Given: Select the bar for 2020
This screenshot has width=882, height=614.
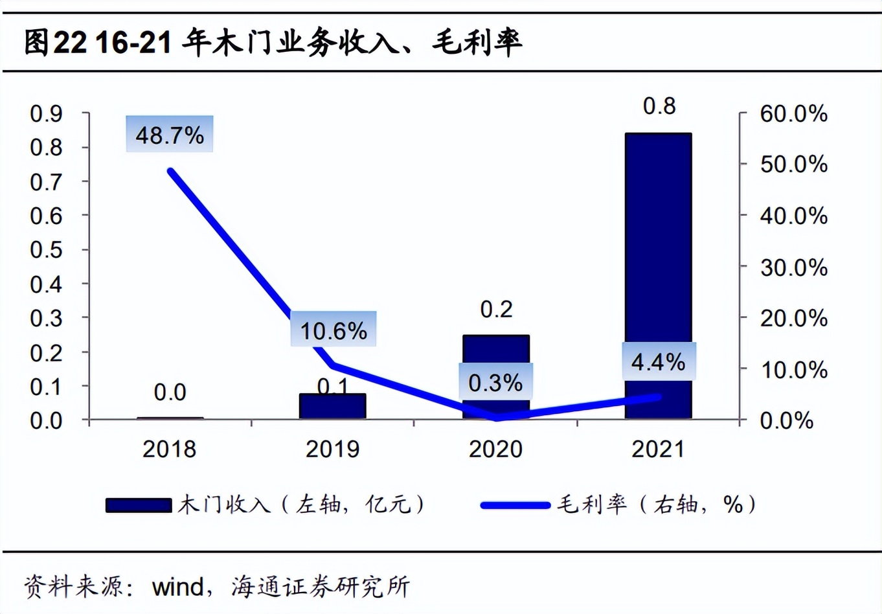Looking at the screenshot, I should click(x=495, y=350).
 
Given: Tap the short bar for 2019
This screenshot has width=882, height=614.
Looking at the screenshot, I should click(x=332, y=406).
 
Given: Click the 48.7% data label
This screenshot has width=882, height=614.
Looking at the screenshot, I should click(x=170, y=135).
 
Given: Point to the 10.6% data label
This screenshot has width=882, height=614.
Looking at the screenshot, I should click(x=333, y=330).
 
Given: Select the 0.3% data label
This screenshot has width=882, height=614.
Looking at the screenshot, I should click(x=495, y=382).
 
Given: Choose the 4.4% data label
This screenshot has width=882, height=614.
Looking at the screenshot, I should click(x=658, y=361).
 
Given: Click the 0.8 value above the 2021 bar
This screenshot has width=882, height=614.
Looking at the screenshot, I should click(x=659, y=106).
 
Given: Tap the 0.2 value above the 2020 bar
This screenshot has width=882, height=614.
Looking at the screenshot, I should click(x=496, y=309).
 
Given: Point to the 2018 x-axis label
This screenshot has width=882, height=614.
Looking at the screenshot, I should click(x=169, y=449).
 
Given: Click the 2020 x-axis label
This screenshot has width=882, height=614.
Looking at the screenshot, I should click(x=495, y=449).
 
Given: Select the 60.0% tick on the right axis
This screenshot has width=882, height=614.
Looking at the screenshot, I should click(x=793, y=113).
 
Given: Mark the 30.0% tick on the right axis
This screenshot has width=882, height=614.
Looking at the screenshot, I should click(x=793, y=267).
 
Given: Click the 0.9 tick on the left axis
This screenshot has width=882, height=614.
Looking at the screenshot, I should click(x=47, y=113).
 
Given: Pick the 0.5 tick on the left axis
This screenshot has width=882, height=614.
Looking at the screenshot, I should click(x=47, y=249).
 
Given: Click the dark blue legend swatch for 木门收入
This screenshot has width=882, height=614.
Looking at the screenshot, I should click(x=138, y=505).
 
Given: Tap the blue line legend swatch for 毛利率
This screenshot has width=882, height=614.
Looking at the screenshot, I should click(x=515, y=505).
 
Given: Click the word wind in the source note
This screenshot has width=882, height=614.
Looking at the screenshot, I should click(x=177, y=587).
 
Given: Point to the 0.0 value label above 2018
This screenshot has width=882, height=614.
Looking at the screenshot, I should click(x=170, y=392).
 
